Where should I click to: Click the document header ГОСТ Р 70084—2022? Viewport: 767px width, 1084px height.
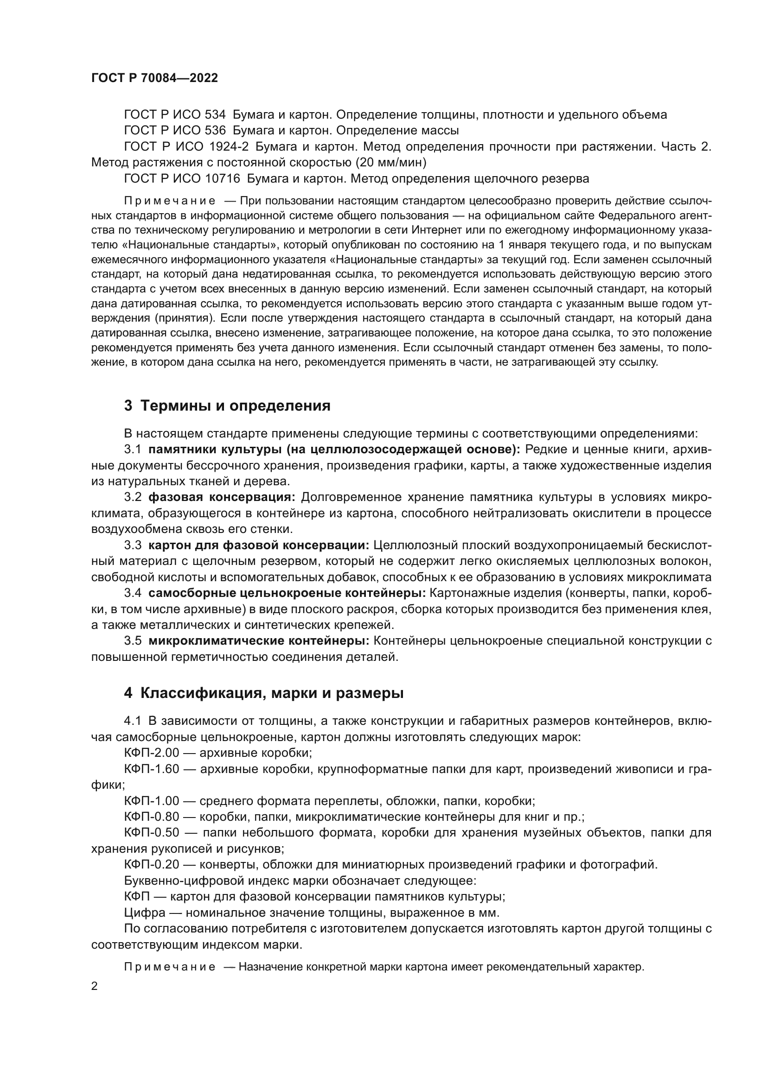point(154,78)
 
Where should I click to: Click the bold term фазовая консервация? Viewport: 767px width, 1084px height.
point(222,497)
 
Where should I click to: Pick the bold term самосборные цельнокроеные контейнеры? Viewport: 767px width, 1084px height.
point(287,593)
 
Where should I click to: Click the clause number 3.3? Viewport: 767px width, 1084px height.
point(133,545)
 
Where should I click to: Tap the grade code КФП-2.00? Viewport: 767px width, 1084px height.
point(152,753)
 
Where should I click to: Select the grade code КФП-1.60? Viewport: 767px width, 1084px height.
point(152,769)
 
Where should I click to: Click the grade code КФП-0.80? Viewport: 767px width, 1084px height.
point(152,817)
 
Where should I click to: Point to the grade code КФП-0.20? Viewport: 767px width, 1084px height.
point(152,865)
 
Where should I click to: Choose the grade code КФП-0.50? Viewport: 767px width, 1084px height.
point(152,833)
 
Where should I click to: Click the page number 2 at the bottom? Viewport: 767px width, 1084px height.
point(95,986)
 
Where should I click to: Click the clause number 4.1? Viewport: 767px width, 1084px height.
point(133,721)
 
